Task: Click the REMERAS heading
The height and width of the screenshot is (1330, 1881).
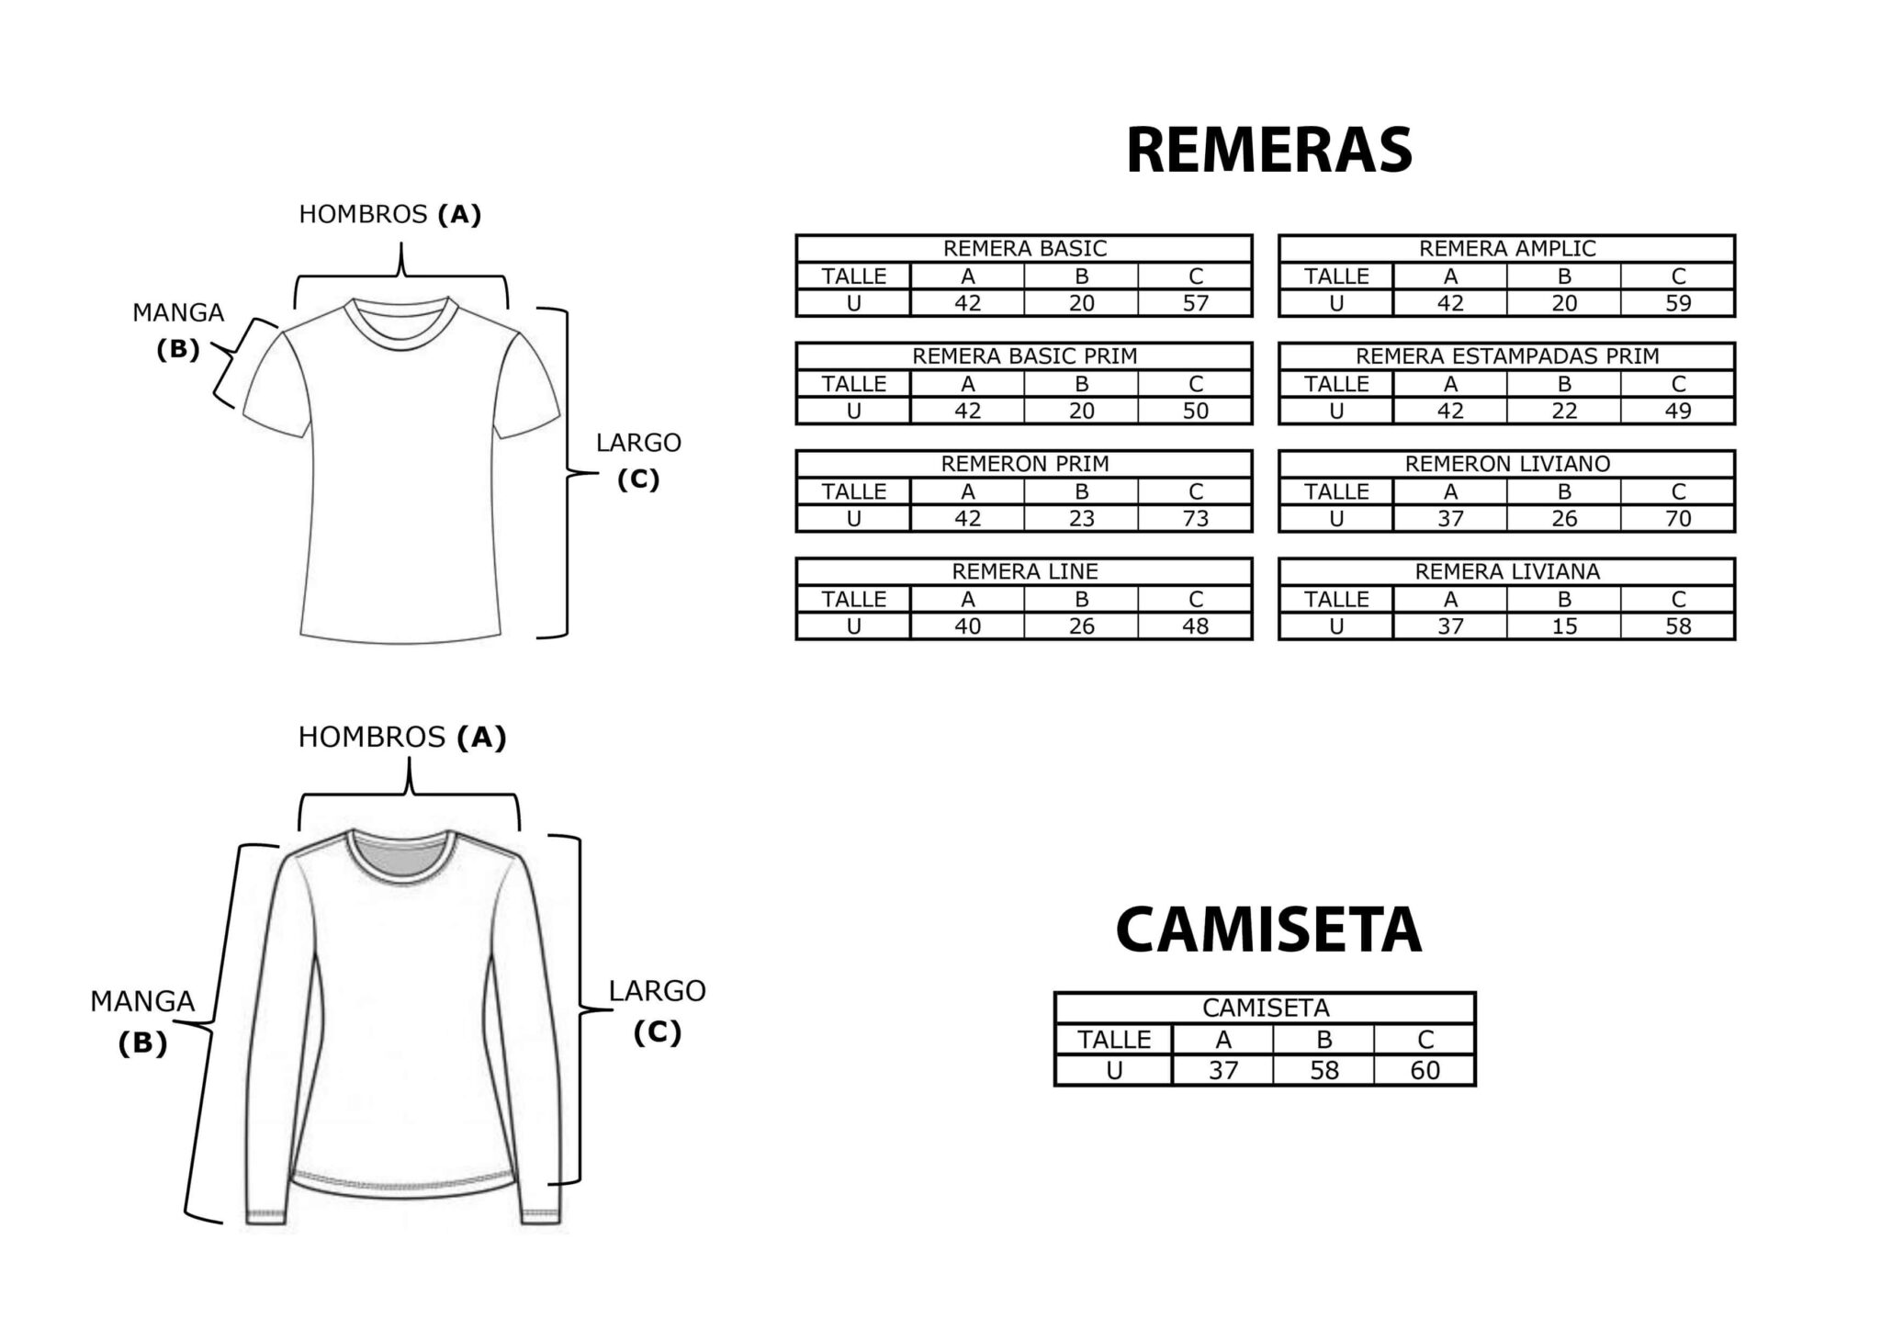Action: coord(1268,151)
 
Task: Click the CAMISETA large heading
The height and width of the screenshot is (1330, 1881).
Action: coord(1267,930)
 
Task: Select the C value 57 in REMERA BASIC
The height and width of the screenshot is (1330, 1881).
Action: coord(1195,303)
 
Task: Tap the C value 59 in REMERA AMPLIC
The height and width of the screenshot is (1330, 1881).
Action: coord(1678,303)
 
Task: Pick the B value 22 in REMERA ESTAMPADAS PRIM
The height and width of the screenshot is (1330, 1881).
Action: coord(1564,411)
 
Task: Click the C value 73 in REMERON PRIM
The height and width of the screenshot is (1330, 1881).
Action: coord(1195,518)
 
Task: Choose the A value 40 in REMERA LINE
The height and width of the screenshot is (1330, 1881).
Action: coord(967,626)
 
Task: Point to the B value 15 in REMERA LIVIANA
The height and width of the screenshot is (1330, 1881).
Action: coord(1564,626)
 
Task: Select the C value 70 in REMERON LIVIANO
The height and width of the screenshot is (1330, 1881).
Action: coord(1678,518)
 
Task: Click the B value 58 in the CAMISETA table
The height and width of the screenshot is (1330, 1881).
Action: coord(1323,1070)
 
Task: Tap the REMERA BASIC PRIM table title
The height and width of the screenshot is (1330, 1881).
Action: coord(1024,355)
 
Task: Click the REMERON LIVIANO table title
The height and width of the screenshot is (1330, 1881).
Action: coord(1507,463)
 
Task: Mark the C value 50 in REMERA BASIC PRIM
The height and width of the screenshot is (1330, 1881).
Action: coord(1195,411)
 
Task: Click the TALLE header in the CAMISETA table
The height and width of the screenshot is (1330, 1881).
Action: coord(1113,1039)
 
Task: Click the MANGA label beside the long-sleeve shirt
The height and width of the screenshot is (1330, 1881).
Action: coord(142,1001)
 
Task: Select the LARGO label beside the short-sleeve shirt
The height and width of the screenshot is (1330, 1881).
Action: coord(638,443)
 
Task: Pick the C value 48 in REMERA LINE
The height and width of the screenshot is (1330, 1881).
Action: coord(1195,626)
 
